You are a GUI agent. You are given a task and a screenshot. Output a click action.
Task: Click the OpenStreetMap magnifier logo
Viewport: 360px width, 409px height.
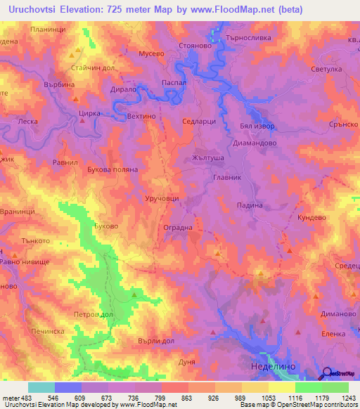click(327, 374)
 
